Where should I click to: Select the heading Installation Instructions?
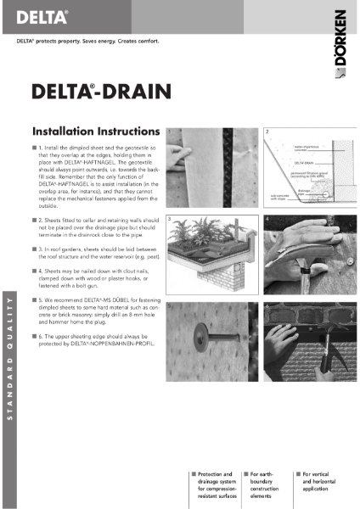click(94, 132)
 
